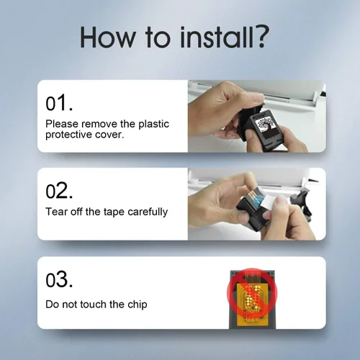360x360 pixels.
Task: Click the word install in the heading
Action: (x=216, y=37)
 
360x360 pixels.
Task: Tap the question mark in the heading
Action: (x=261, y=37)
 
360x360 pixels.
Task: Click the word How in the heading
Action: (x=108, y=37)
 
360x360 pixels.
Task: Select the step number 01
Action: (x=59, y=103)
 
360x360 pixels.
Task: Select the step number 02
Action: (x=59, y=191)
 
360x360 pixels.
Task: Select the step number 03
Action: (x=59, y=279)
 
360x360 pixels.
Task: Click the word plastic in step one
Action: (x=154, y=125)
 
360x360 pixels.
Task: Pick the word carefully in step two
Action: (x=148, y=212)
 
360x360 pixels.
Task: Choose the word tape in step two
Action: (x=114, y=212)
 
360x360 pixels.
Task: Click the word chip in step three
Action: (x=137, y=305)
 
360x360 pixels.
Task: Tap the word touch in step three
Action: (x=93, y=305)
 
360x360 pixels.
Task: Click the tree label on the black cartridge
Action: (x=266, y=125)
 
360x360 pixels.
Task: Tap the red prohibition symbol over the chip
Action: (x=252, y=293)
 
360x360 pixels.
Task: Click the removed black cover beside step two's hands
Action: (x=302, y=204)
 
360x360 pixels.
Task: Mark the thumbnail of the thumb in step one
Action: (x=258, y=97)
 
